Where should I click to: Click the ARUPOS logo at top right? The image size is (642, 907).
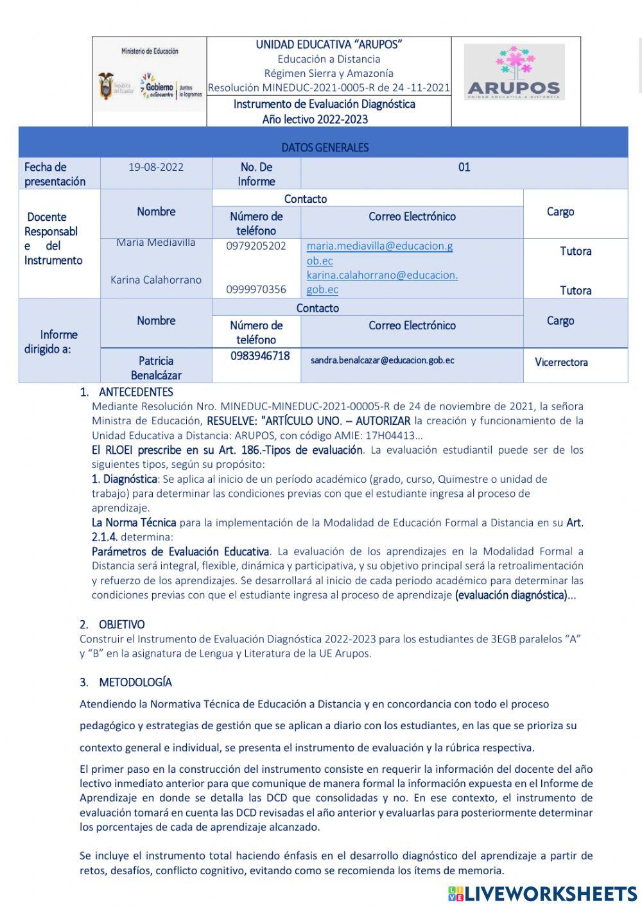coord(514,72)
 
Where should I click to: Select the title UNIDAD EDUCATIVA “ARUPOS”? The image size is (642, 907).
coord(329,44)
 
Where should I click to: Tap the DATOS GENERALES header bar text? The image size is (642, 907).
coord(325,148)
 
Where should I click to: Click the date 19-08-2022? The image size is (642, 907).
coord(156,167)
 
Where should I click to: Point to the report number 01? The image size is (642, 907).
coord(464,167)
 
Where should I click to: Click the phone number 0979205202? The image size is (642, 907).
coord(256,246)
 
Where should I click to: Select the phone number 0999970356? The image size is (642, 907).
coord(256,289)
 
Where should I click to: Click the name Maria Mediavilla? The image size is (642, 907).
coord(156,243)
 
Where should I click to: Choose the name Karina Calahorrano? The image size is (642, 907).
coord(156,280)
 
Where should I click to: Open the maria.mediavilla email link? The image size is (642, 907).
coord(379,253)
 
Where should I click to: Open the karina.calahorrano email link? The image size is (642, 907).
coord(382,282)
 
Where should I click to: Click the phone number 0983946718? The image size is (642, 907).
coord(260,356)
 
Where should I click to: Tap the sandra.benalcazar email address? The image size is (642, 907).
coord(382,360)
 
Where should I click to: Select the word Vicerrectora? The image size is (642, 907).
coord(561,362)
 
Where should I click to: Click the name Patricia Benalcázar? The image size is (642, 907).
coord(156,368)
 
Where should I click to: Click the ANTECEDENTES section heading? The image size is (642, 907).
coord(135,392)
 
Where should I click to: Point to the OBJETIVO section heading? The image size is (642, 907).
coord(121,625)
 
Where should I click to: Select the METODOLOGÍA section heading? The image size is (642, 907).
coord(135,682)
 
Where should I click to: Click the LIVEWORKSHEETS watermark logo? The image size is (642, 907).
coord(542,894)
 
